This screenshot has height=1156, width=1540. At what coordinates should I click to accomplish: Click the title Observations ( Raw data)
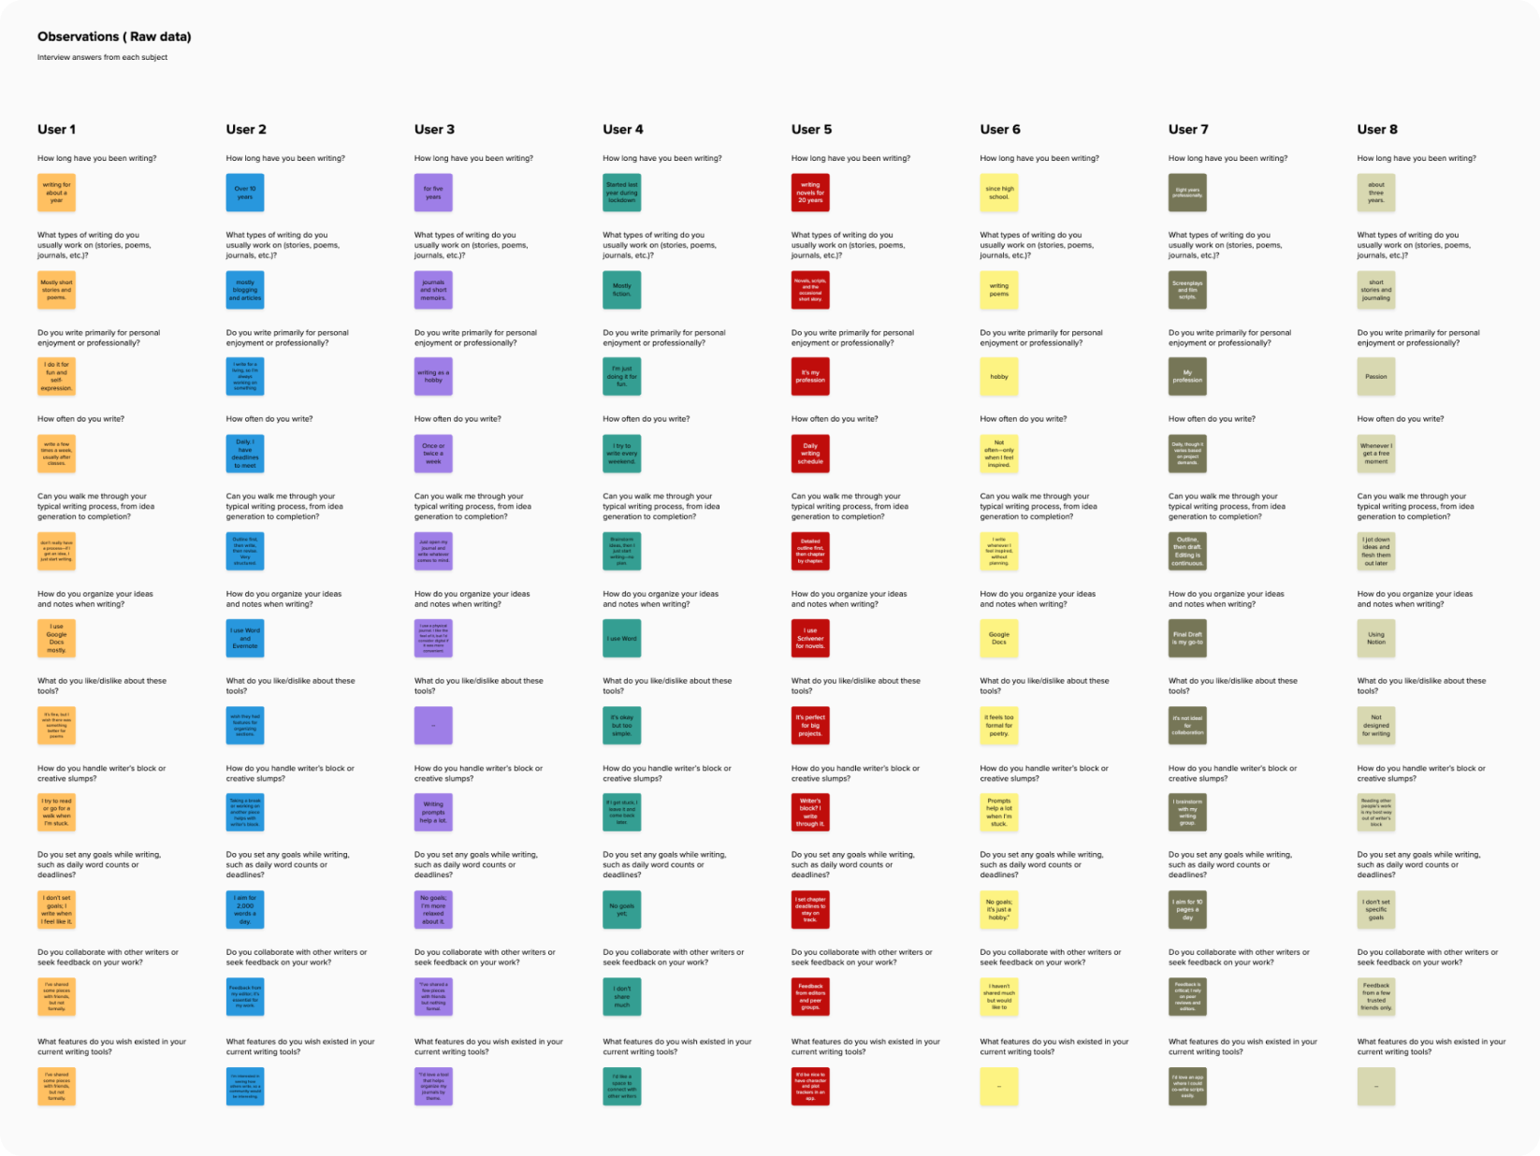pyautogui.click(x=114, y=37)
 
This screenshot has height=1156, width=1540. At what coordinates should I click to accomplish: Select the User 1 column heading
pyautogui.click(x=56, y=129)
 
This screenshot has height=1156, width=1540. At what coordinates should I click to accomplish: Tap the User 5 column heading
pyautogui.click(x=811, y=129)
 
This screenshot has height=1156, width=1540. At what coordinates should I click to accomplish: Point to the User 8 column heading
pyautogui.click(x=1377, y=129)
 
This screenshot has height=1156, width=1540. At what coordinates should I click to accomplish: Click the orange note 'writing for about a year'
pyautogui.click(x=56, y=193)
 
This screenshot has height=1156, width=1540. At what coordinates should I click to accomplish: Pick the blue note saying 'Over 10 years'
pyautogui.click(x=245, y=193)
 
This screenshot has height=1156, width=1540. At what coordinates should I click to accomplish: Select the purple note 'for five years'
pyautogui.click(x=433, y=193)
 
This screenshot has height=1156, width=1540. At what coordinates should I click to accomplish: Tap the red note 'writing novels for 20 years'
pyautogui.click(x=810, y=193)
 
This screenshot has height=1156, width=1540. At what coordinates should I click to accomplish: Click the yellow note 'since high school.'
pyautogui.click(x=999, y=193)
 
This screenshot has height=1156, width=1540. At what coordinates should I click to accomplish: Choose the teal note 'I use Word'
pyautogui.click(x=622, y=639)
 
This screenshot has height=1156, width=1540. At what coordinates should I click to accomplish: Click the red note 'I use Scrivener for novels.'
pyautogui.click(x=810, y=639)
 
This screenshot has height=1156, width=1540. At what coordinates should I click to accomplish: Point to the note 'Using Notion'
pyautogui.click(x=1376, y=639)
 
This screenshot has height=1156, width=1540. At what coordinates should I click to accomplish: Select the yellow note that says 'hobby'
pyautogui.click(x=999, y=377)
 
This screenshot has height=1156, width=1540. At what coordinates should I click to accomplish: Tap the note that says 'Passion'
pyautogui.click(x=1376, y=377)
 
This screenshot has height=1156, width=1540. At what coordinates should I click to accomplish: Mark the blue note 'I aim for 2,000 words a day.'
pyautogui.click(x=245, y=910)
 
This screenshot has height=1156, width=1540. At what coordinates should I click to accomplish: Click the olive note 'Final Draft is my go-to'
pyautogui.click(x=1187, y=639)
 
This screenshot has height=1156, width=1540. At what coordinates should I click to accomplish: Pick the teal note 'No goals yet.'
pyautogui.click(x=622, y=910)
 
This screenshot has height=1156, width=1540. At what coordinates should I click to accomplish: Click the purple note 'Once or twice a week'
pyautogui.click(x=433, y=454)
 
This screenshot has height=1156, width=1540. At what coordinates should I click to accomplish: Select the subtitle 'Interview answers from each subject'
pyautogui.click(x=102, y=58)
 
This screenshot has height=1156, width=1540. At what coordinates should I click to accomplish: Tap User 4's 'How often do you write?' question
pyautogui.click(x=646, y=419)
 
